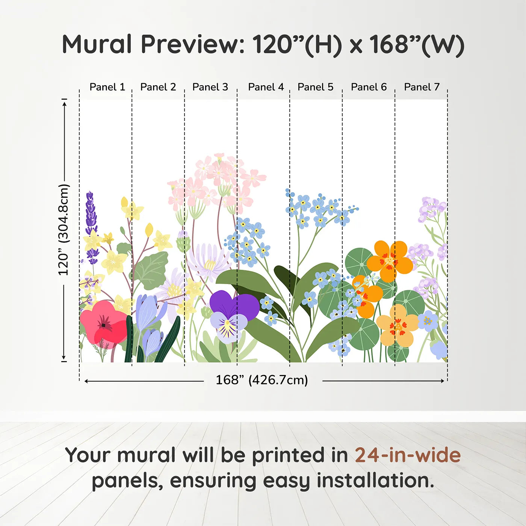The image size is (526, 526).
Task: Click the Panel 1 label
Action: pyautogui.click(x=107, y=87)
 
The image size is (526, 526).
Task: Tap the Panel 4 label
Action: pyautogui.click(x=266, y=87)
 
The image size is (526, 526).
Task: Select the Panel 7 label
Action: pyautogui.click(x=422, y=87)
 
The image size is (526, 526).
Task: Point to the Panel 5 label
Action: pyautogui.click(x=315, y=87)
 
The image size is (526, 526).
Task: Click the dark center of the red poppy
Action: pyautogui.click(x=104, y=325)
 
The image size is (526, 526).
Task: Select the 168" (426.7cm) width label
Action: pyautogui.click(x=261, y=380)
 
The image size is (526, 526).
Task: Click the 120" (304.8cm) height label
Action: pyautogui.click(x=63, y=230)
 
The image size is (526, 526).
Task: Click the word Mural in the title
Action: pyautogui.click(x=97, y=44)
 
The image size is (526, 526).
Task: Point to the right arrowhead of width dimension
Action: pyautogui.click(x=443, y=381)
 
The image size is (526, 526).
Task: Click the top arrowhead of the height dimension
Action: pyautogui.click(x=65, y=104)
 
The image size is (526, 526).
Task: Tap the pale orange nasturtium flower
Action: pyautogui.click(x=398, y=325)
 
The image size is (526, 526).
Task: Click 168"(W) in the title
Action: pyautogui.click(x=417, y=45)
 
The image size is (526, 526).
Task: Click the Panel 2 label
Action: pyautogui.click(x=158, y=87)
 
